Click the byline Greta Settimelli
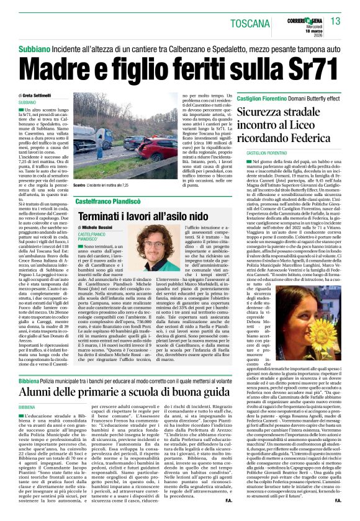click(x=58, y=95)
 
